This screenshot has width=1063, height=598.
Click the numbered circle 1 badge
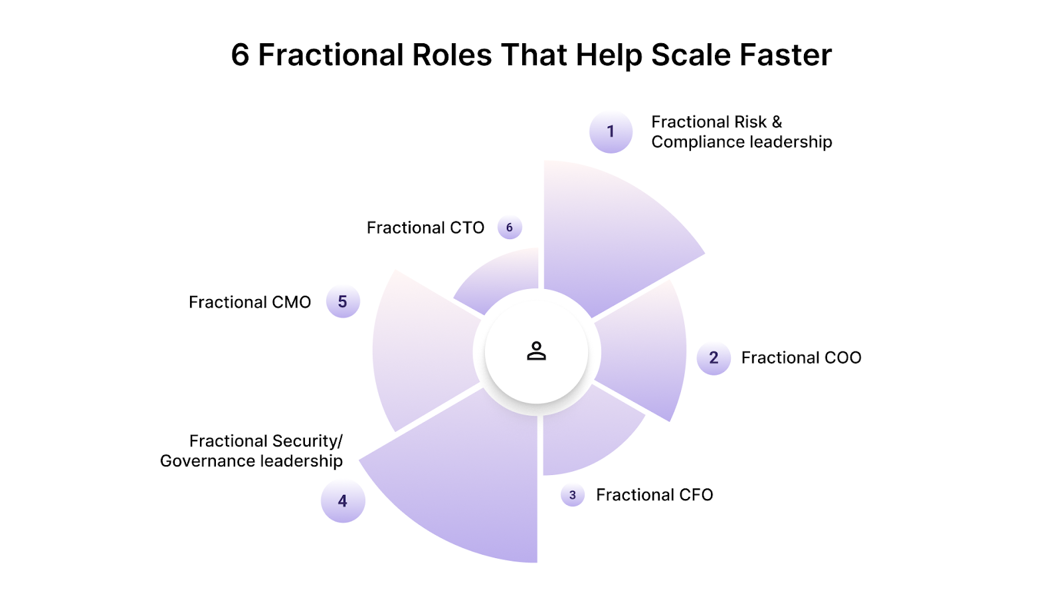(611, 132)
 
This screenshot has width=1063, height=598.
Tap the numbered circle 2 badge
(714, 358)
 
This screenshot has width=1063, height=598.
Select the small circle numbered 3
(572, 495)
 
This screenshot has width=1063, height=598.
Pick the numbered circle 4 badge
(343, 501)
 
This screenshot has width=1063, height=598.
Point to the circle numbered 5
(343, 302)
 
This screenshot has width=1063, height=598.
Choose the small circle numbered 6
(510, 227)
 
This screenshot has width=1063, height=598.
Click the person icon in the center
(536, 351)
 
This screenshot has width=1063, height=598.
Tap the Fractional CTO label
(425, 228)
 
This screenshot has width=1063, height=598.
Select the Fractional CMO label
(250, 302)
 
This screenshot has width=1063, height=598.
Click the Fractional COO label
(801, 358)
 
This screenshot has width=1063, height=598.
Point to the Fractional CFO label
(654, 495)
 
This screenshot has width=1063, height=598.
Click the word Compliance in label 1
(698, 142)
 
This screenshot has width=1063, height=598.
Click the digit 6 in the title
(240, 55)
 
